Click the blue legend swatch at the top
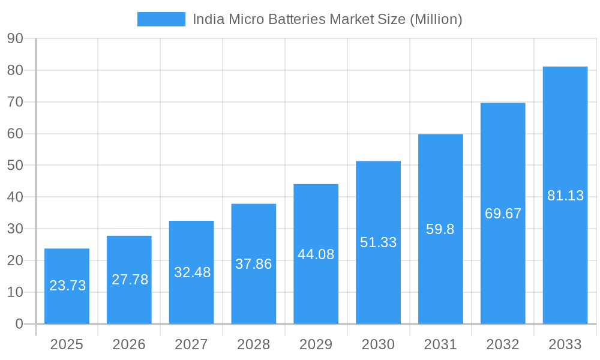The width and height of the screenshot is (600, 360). pos(161,19)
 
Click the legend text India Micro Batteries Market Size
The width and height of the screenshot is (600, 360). pos(327,19)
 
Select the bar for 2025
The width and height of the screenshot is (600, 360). pos(67,286)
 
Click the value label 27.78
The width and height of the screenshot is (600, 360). pos(130,280)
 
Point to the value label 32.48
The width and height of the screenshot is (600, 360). pos(192,272)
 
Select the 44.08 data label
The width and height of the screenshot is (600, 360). pos(316,254)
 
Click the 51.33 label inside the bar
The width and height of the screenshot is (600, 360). pos(378,242)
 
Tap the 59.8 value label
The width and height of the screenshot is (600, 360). pos(440,229)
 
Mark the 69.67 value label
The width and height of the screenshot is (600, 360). pos(503,214)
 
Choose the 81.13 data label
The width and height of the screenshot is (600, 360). pos(565,196)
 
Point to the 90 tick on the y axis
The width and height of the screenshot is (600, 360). pos(15,39)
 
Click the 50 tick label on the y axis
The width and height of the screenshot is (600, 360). pos(15,166)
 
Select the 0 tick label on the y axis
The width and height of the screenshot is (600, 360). pos(19,324)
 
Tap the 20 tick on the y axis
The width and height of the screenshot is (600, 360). pos(15,260)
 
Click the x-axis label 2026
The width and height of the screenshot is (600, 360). pos(129,344)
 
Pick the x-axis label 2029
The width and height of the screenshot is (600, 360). pos(316,344)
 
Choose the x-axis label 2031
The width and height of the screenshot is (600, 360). pos(440,344)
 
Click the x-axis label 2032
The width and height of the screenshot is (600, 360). pos(503,344)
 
